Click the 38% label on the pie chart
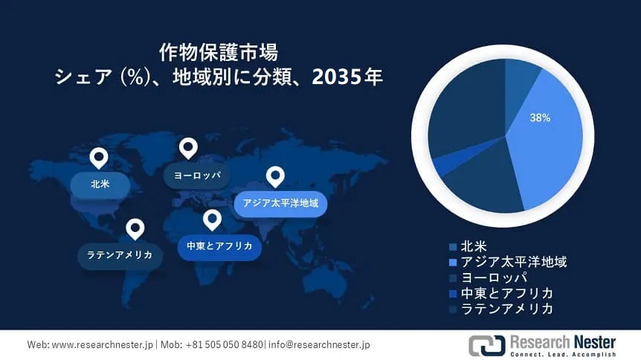click(x=540, y=118)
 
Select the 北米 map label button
click(x=100, y=185)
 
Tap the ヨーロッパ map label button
click(x=196, y=176)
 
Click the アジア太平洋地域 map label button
click(x=280, y=203)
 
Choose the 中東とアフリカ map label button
click(x=219, y=247)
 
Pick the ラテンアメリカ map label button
click(x=120, y=256)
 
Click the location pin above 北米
click(x=99, y=158)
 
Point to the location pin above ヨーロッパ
click(x=188, y=149)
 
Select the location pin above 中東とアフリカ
click(x=212, y=220)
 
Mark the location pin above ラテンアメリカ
click(x=135, y=229)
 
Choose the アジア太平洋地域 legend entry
click(x=508, y=262)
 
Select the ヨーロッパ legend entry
click(x=488, y=277)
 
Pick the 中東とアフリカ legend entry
click(x=501, y=293)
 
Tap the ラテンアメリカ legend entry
click(x=501, y=309)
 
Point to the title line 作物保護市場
click(x=219, y=52)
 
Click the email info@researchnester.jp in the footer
click(x=319, y=344)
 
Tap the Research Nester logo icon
click(x=487, y=346)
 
